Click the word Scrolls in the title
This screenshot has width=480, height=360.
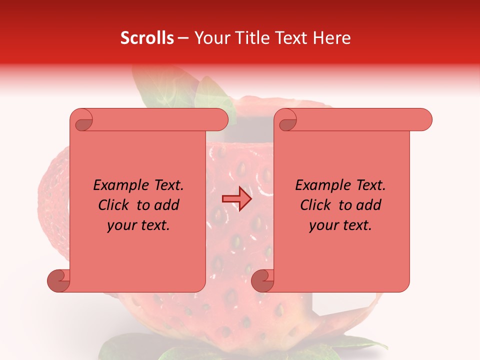tap(147, 37)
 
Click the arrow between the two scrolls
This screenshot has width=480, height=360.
tap(236, 199)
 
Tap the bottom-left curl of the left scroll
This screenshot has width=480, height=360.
tap(59, 280)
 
